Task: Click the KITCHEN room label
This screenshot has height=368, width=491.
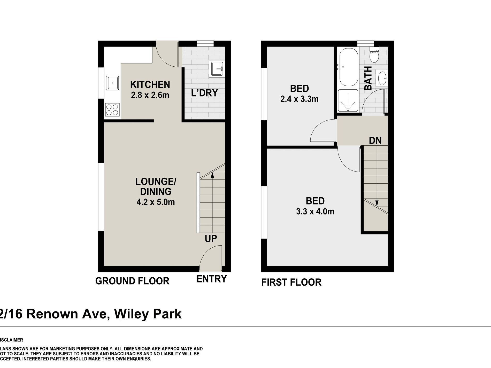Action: click(x=150, y=85)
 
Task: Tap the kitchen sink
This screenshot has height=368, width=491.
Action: click(x=112, y=83)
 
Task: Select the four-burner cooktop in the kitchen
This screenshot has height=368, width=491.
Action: click(x=112, y=109)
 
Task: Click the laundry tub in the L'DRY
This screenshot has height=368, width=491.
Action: click(x=217, y=69)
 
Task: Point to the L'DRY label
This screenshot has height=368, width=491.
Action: click(x=204, y=93)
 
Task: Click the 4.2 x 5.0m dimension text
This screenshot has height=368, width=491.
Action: click(x=156, y=202)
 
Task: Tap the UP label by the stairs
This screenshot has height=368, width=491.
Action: click(x=211, y=239)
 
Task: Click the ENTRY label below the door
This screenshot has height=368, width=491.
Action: click(x=211, y=279)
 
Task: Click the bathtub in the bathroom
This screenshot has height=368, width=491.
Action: click(x=348, y=68)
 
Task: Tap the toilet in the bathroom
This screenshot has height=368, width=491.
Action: click(x=374, y=55)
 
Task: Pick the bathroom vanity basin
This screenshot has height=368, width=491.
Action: click(x=382, y=78)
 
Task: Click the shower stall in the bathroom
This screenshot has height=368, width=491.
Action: click(x=348, y=101)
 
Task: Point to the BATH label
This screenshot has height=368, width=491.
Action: click(x=368, y=78)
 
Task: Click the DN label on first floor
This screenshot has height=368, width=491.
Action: click(x=375, y=140)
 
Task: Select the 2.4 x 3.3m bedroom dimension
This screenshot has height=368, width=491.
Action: click(x=299, y=99)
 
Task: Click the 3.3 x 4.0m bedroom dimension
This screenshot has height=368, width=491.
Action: click(x=315, y=212)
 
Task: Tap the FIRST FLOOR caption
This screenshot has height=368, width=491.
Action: click(x=291, y=282)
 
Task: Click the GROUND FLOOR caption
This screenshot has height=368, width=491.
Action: click(x=132, y=281)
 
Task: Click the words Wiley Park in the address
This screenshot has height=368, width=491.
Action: click(x=148, y=314)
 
